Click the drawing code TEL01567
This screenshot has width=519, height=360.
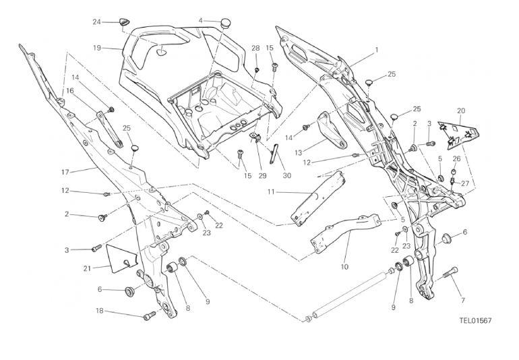tap(472, 321)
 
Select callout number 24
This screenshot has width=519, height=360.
tap(96, 22)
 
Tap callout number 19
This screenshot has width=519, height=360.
tap(97, 48)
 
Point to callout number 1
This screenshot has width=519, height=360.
tap(377, 49)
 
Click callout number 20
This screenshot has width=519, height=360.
tap(461, 111)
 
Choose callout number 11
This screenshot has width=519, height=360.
tap(270, 192)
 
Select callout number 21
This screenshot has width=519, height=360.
tap(87, 268)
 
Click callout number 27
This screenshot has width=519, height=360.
tap(465, 181)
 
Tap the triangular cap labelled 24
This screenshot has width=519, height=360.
tap(124, 22)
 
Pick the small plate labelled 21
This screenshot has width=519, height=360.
tap(119, 257)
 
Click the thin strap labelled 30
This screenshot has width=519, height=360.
tap(274, 154)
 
